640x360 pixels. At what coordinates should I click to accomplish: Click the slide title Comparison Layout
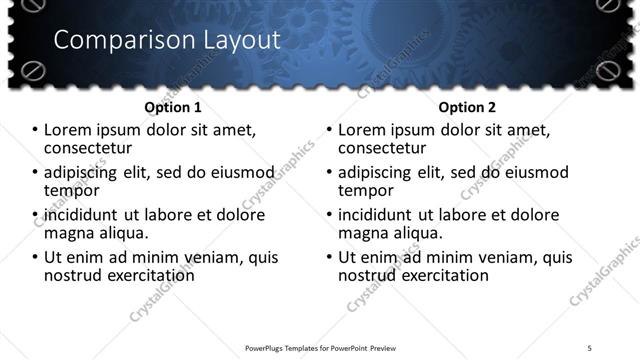166,40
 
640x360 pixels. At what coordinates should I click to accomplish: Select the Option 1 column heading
173,107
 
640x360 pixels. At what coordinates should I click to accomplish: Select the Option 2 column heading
467,107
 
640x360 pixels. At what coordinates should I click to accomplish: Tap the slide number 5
590,347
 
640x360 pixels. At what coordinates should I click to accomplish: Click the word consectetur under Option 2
386,147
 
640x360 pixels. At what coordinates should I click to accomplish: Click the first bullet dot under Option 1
34,130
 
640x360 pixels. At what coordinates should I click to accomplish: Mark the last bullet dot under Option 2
330,257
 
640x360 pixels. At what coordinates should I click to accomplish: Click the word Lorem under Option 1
67,130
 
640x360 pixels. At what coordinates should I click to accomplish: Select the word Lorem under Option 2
363,130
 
